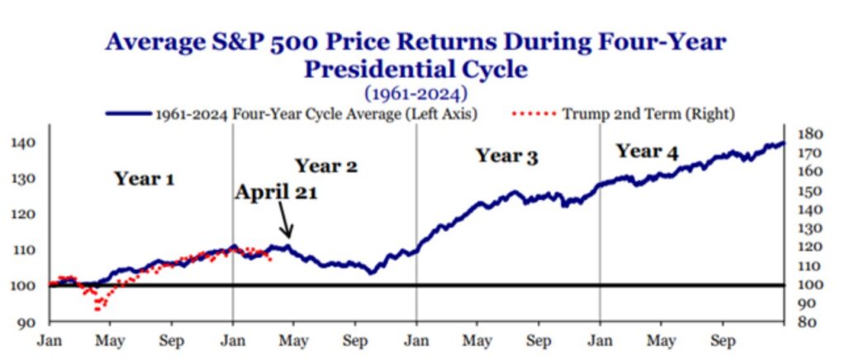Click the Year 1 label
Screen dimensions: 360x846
145,178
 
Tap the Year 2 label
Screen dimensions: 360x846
326,166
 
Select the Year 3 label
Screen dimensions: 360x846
506,155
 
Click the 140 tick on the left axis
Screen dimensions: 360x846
23,143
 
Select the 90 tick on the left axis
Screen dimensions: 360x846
26,321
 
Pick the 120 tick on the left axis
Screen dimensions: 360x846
23,214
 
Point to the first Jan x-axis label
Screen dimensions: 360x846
50,339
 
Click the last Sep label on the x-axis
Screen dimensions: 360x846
724,339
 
